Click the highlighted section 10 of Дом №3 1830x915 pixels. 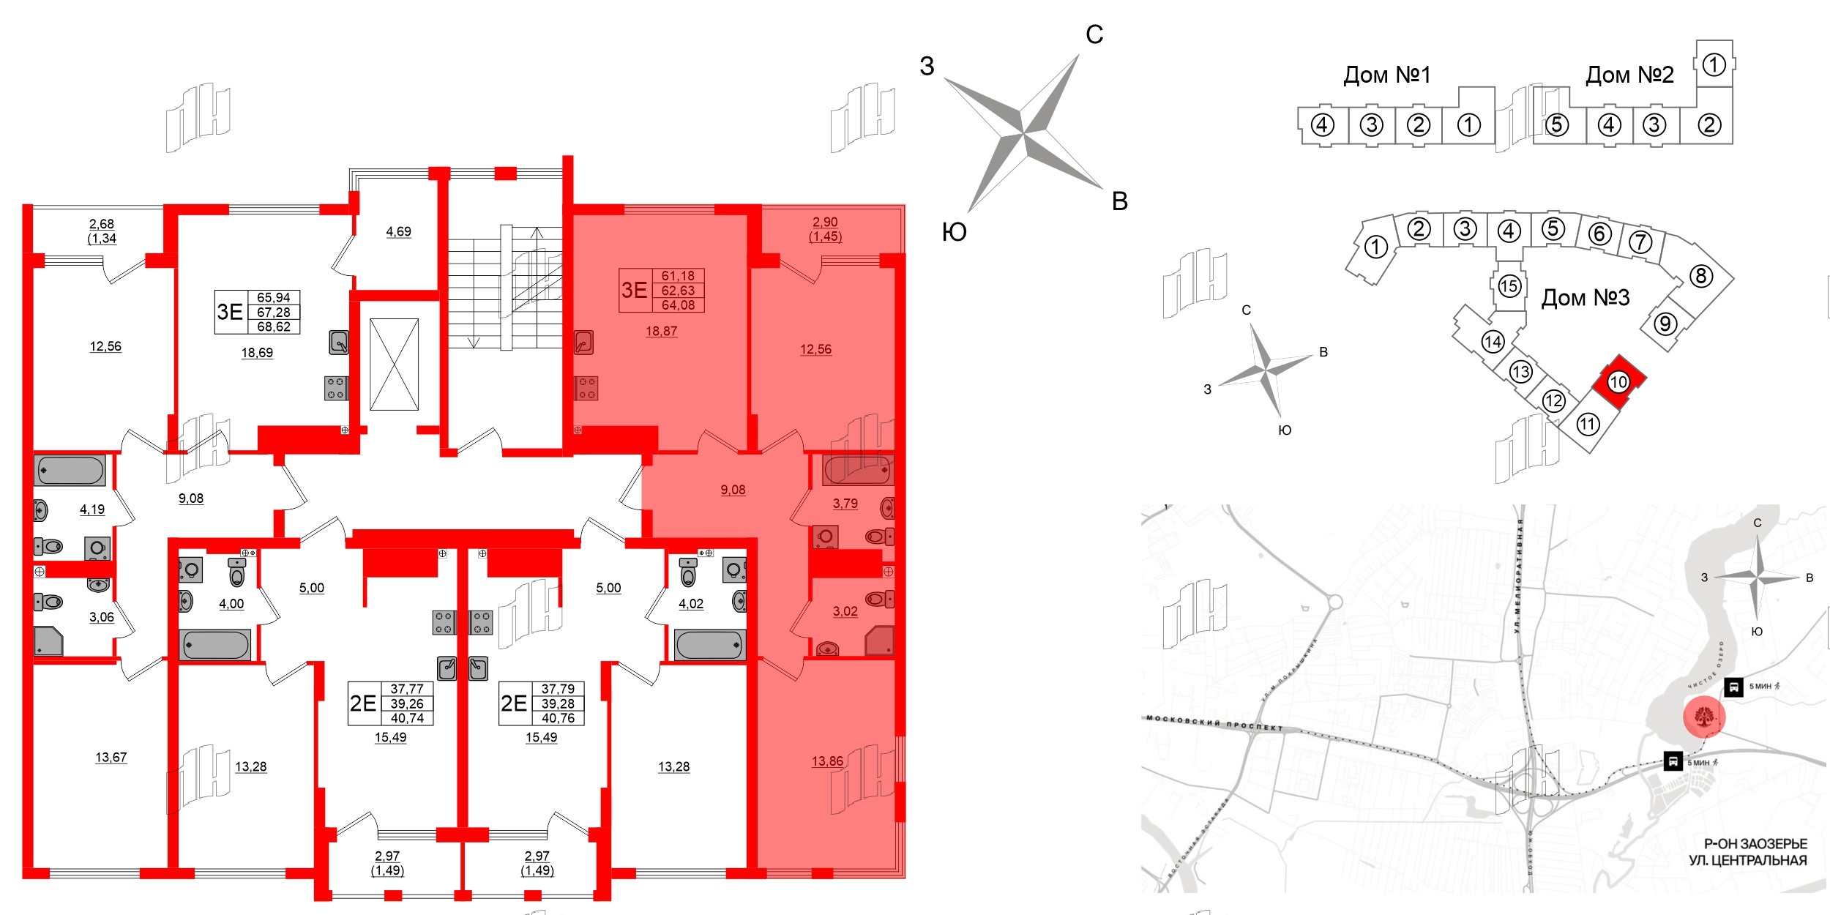coord(1618,381)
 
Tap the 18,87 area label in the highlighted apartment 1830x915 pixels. coord(661,331)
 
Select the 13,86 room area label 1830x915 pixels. coord(827,761)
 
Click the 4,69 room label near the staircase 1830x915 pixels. coord(398,232)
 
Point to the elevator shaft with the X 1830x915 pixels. coord(394,364)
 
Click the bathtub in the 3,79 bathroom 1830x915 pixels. coord(857,470)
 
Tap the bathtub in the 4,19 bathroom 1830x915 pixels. coord(70,471)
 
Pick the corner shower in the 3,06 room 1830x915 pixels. coord(49,641)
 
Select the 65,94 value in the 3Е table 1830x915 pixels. coord(273,298)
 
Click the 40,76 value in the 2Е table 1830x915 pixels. coord(558,718)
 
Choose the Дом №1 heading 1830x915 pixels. coord(1386,75)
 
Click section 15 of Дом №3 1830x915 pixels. coord(1509,286)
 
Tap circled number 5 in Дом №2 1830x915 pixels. coord(1556,125)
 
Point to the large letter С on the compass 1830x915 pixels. coord(1094,34)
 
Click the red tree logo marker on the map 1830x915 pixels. coord(1704,717)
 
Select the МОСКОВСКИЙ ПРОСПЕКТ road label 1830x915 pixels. coord(1214,722)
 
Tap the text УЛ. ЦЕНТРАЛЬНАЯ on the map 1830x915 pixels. coord(1747,861)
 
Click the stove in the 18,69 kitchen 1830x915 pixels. coord(336,388)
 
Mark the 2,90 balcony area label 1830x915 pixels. coord(825,222)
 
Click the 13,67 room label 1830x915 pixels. coord(111,758)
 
